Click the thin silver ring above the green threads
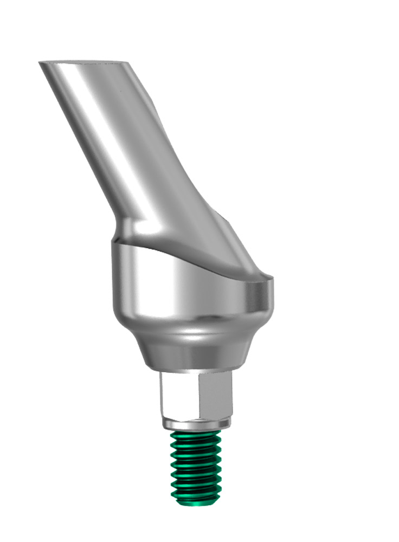(x=196, y=423)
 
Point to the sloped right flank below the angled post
(x=228, y=238)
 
